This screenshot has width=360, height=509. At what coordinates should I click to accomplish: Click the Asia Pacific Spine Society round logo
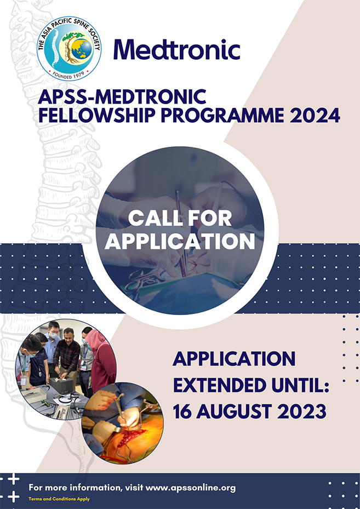(69, 49)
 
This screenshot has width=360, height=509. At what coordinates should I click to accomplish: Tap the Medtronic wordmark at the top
(176, 50)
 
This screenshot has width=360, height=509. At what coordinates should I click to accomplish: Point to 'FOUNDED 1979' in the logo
(69, 73)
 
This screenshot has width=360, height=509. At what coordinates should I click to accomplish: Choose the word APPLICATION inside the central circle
(180, 241)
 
